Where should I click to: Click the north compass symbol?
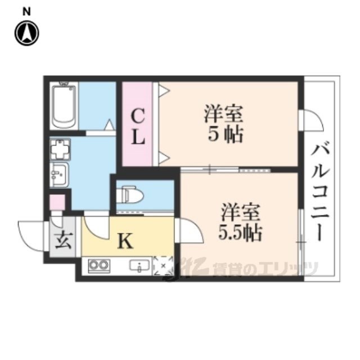(26, 33)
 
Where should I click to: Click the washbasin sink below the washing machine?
(58, 175)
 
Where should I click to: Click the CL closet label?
(138, 127)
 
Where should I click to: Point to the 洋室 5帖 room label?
(223, 124)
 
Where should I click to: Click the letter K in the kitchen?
(125, 241)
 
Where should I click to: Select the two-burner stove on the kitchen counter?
(97, 265)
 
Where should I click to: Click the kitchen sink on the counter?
(138, 265)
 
